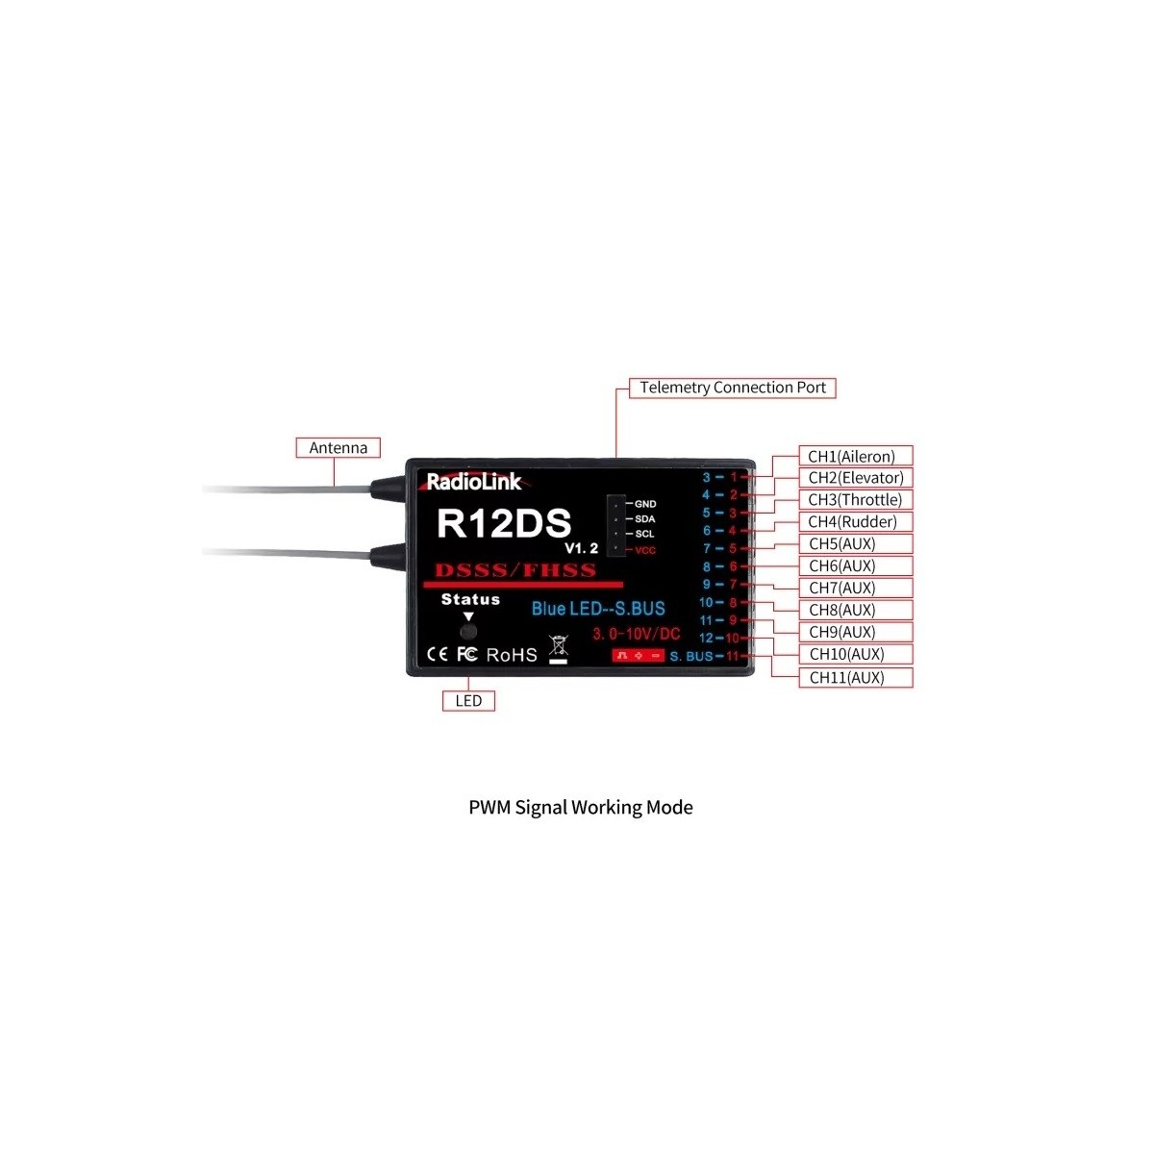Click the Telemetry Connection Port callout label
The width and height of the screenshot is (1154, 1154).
coord(732,388)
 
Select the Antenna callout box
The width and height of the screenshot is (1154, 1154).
coord(338,448)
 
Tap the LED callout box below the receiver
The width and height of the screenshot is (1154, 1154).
coord(468,701)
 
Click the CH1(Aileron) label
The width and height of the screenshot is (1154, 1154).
coord(851,457)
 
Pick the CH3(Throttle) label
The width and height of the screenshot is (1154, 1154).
coord(855,500)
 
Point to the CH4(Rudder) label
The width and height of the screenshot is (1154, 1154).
coord(852,522)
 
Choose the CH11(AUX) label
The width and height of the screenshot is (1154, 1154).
coord(846,678)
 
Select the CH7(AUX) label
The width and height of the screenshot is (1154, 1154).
coord(842,589)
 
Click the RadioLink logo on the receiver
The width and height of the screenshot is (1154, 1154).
coord(473,482)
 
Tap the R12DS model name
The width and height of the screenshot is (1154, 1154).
coord(504,524)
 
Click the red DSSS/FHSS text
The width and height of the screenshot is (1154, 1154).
coord(515,570)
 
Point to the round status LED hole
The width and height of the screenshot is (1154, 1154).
coord(468,632)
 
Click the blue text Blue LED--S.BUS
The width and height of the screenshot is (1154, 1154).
coord(598,609)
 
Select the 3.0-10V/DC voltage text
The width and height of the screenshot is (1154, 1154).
coord(636,634)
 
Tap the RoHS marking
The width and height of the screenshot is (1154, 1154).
coord(512,655)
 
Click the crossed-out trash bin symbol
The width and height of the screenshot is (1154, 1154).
coord(558,647)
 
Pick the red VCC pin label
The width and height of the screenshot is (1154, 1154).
coord(644,550)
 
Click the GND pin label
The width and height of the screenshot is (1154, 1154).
coord(645,504)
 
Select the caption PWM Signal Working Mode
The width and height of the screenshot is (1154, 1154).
coord(580,808)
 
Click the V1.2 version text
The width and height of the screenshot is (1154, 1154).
coord(581,548)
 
